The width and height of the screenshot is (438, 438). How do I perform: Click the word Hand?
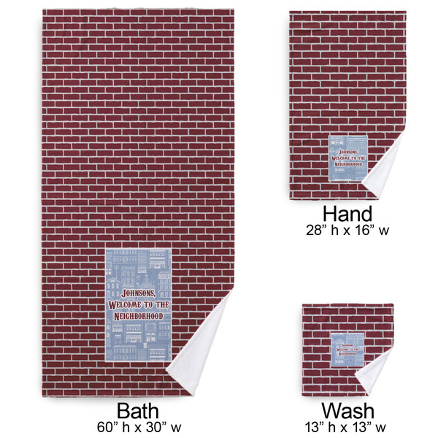click(x=347, y=214)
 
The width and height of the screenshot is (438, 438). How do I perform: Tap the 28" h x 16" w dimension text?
click(x=347, y=230)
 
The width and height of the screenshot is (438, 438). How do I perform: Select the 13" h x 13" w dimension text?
click(x=347, y=426)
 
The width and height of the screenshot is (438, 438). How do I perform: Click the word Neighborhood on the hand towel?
click(x=349, y=165)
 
